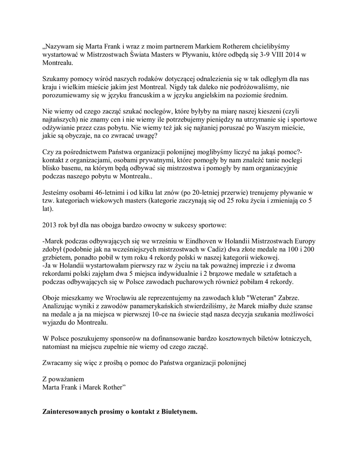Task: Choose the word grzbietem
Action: tap(58, 258)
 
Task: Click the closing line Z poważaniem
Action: tap(63, 379)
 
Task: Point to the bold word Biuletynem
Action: tap(178, 412)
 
